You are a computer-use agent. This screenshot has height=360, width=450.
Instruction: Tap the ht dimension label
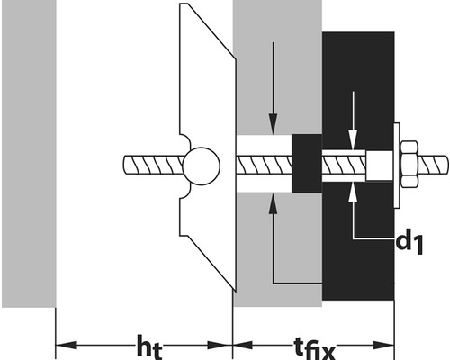(x=149, y=347)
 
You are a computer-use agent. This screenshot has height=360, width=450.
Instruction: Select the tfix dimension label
(x=314, y=349)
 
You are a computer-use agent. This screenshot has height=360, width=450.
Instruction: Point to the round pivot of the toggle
(x=202, y=166)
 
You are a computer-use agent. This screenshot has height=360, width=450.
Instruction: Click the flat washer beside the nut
(x=397, y=166)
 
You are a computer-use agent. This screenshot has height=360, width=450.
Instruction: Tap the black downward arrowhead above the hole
(x=273, y=123)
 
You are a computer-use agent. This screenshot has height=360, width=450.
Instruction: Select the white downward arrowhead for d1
(x=354, y=139)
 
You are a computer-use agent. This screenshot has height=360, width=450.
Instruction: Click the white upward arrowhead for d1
(x=354, y=192)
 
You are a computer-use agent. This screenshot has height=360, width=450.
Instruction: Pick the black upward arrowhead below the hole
(x=273, y=204)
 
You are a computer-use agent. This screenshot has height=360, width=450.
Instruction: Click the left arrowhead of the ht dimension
(x=67, y=345)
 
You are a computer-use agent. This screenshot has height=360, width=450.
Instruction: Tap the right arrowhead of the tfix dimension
(x=383, y=345)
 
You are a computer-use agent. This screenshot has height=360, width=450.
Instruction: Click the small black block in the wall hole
(x=307, y=164)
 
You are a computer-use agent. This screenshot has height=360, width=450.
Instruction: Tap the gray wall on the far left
(x=29, y=153)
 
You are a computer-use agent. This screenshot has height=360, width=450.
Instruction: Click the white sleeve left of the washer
(x=380, y=166)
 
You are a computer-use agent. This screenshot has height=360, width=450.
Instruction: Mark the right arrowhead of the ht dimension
(x=221, y=345)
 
